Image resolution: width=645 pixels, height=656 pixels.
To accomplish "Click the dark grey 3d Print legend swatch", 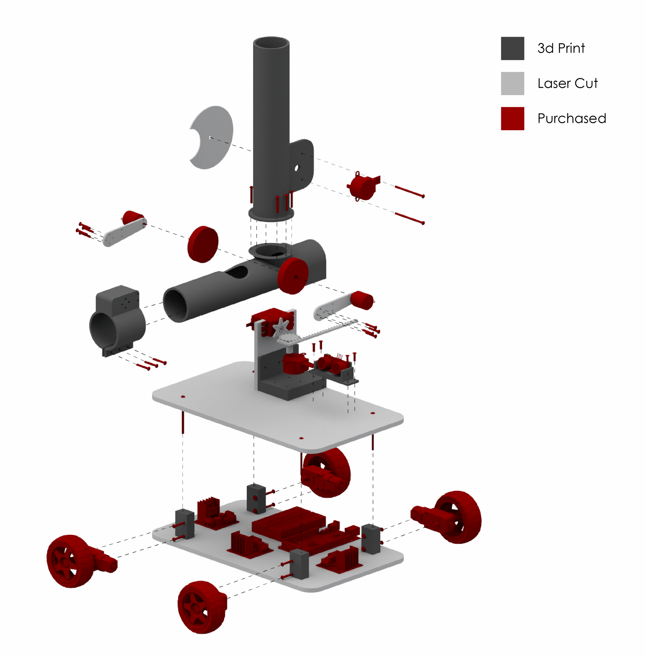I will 512,48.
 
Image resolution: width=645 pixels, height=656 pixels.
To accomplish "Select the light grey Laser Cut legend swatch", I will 512,83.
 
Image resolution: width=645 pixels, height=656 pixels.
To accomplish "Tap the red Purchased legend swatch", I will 512,118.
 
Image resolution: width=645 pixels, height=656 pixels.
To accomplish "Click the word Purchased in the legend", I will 571,118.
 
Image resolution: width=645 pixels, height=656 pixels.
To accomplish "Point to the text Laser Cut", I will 567,83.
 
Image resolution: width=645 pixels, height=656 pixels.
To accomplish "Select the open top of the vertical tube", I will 271,43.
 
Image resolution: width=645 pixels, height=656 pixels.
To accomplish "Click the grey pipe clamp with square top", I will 117,320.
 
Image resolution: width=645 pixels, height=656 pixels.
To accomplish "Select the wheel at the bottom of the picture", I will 202,607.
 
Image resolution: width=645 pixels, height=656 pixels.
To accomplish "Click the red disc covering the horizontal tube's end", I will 293,276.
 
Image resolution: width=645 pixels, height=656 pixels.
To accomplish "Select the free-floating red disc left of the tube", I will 203,244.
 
